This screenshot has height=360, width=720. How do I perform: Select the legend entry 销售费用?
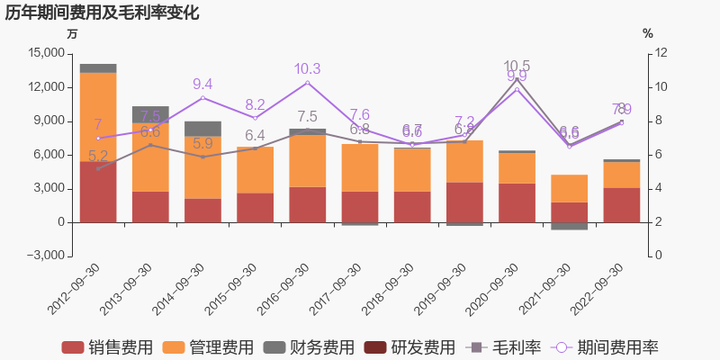[106, 347]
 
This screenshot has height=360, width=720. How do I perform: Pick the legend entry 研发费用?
[412, 347]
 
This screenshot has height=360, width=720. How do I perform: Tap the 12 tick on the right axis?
[661, 53]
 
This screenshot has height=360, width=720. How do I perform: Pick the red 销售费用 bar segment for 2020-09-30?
[517, 202]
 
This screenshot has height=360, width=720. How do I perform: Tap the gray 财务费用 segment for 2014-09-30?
[202, 129]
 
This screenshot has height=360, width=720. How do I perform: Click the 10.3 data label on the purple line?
[308, 69]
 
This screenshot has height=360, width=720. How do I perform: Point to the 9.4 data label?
[202, 85]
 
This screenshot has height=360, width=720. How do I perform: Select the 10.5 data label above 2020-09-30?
[517, 66]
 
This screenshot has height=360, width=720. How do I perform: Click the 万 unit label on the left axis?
[73, 33]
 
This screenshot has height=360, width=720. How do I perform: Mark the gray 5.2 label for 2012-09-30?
[98, 156]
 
